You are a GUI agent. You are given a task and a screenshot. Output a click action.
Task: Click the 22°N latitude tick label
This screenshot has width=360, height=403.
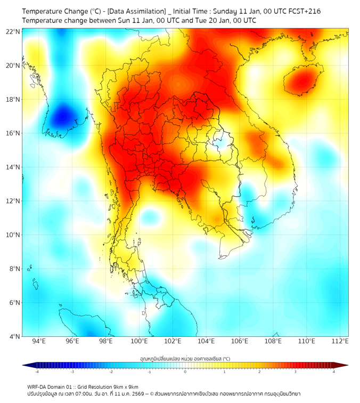coord(13,31)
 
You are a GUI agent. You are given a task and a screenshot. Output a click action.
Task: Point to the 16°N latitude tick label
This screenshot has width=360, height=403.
coord(13,133)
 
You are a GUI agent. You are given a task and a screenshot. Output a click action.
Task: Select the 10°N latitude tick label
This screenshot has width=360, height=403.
coord(13,235)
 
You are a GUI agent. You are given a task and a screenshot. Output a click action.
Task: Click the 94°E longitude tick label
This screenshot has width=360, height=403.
coord(39,341)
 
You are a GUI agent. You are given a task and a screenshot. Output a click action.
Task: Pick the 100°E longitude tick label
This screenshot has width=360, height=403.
coord(140,341)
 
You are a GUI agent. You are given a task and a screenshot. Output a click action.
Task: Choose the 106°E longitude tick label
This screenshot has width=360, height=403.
coord(240,341)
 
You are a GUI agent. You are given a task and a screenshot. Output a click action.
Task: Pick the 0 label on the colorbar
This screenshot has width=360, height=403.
coord(185,372)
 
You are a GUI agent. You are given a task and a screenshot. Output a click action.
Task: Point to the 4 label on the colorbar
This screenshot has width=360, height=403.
coord(334,372)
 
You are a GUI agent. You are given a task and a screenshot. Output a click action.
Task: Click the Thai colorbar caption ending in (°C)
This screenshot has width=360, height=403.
coord(185,358)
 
